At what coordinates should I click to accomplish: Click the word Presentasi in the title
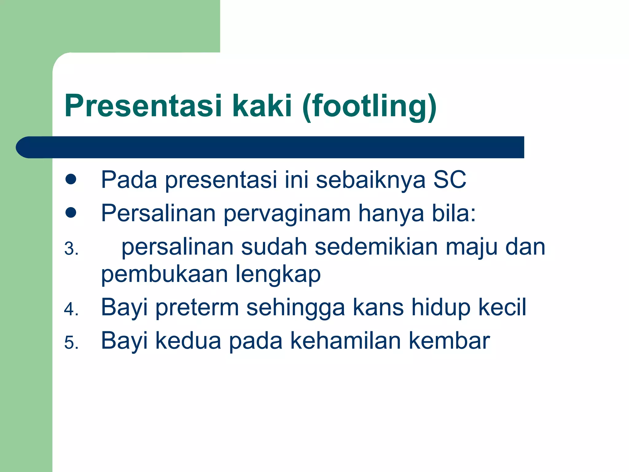click(x=143, y=106)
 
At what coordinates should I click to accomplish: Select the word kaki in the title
click(x=262, y=106)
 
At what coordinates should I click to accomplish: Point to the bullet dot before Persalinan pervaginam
click(x=71, y=213)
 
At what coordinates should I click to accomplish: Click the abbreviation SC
click(x=450, y=180)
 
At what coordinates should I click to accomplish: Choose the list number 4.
click(x=71, y=309)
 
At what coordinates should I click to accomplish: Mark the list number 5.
click(x=71, y=343)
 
